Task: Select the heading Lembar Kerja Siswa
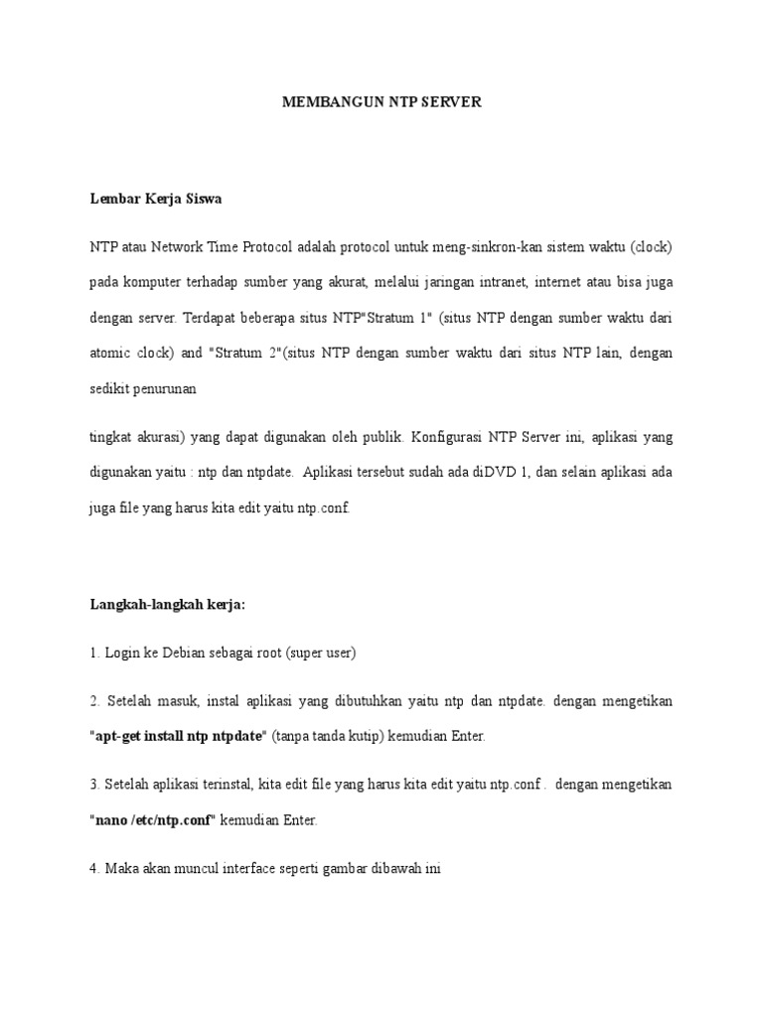coord(156,199)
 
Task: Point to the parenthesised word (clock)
coord(651,246)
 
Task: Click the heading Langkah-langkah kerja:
coord(167,604)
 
